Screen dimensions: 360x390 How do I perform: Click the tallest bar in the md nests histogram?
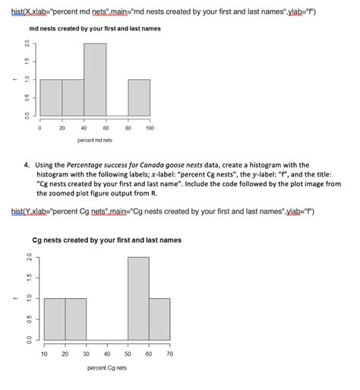[x=95, y=80]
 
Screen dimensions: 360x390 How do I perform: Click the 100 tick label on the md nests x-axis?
[x=150, y=128]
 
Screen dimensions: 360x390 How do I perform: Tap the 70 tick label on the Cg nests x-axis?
[x=170, y=354]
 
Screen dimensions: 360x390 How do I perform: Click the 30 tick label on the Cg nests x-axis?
[x=86, y=354]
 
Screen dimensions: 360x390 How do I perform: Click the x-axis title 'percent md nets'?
[x=95, y=141]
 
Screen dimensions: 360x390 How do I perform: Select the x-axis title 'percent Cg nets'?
[x=106, y=367]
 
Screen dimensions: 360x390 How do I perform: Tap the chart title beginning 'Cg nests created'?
[x=107, y=240]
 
